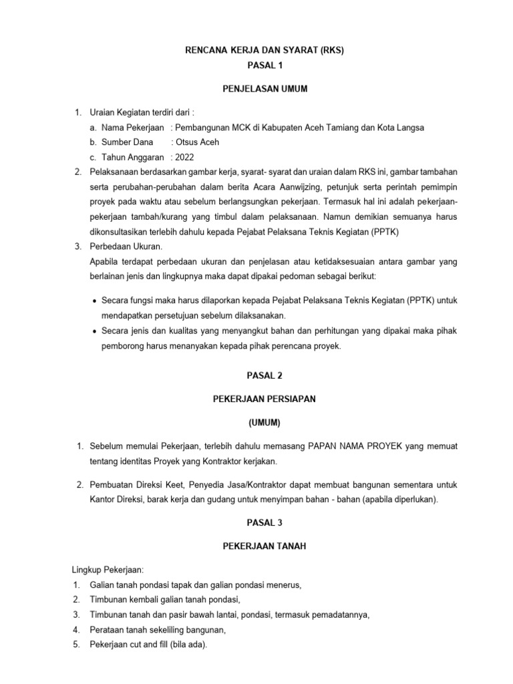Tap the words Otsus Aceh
pos(196,142)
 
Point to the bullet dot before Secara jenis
pos(94,331)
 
